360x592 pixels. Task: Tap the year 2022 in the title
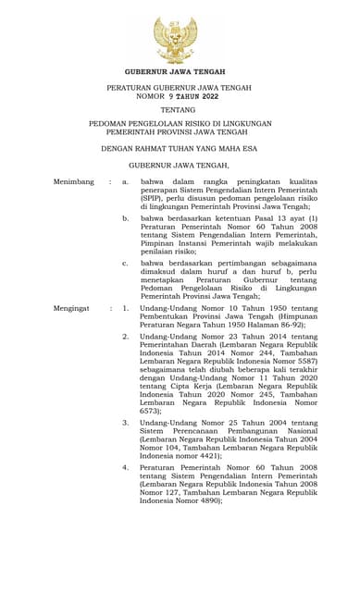point(205,95)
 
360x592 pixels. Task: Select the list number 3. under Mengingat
point(126,423)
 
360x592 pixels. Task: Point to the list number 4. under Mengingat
point(126,467)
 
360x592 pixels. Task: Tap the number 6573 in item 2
point(152,411)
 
